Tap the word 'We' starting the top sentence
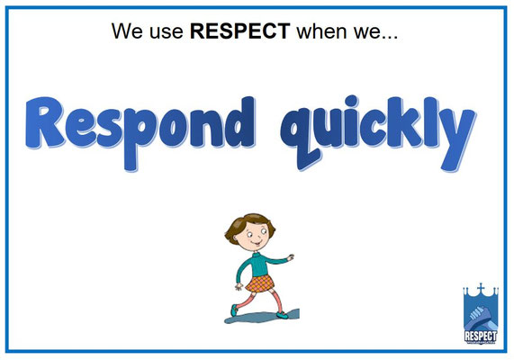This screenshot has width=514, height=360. [x=126, y=33]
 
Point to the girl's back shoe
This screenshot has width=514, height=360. [x=237, y=310]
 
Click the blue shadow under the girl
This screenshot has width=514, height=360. [x=261, y=318]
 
